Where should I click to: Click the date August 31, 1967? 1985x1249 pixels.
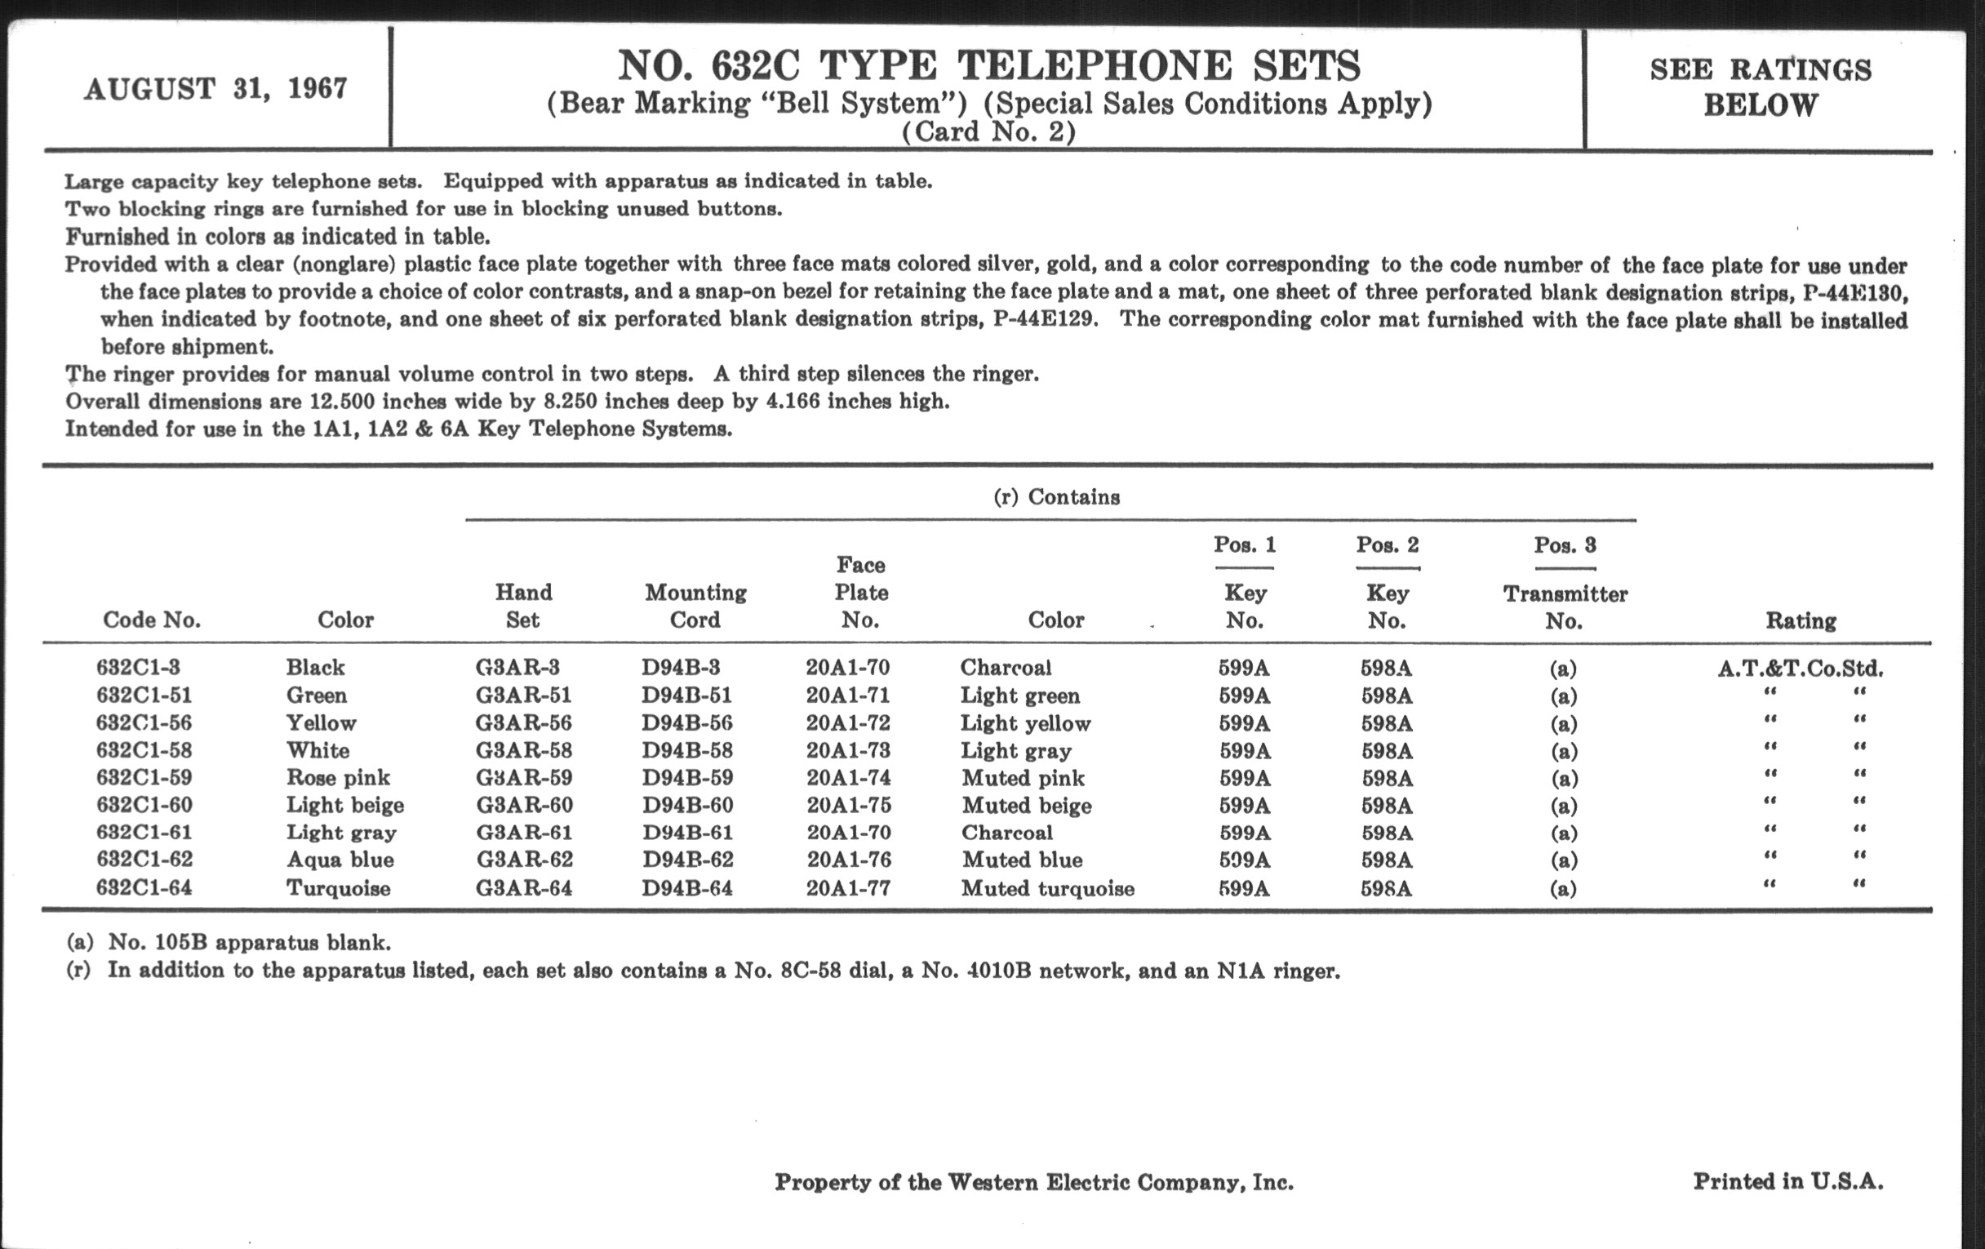point(216,88)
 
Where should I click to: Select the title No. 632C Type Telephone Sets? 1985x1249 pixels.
point(988,66)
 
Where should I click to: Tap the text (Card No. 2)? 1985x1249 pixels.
point(988,132)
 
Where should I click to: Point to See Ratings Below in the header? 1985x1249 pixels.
point(1760,87)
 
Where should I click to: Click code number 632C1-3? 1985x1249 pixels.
point(138,667)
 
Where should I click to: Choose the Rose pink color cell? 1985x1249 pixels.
point(338,777)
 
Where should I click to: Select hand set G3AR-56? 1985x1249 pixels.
point(523,723)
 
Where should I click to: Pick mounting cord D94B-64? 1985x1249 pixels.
point(686,888)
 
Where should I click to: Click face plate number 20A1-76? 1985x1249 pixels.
point(848,860)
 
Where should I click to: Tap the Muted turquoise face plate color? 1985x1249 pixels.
point(1048,888)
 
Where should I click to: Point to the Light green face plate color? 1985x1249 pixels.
point(1019,695)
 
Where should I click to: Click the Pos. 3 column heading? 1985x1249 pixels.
point(1565,545)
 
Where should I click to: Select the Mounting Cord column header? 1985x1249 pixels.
point(695,606)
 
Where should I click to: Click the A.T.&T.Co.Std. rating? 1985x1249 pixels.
point(1801,668)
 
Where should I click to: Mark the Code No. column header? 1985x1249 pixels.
point(152,620)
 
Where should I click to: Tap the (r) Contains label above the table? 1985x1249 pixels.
point(1056,497)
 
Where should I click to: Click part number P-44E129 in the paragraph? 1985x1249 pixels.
point(1046,319)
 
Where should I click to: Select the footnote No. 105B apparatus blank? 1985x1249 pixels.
point(249,942)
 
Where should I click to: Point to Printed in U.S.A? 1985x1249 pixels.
point(1788,1181)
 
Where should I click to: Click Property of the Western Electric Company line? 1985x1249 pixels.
point(1033,1182)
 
